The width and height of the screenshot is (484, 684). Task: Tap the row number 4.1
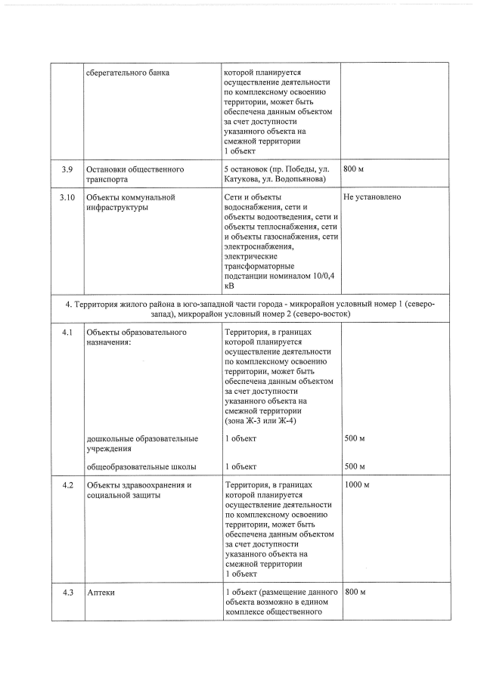67,332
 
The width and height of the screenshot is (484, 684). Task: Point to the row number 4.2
67,484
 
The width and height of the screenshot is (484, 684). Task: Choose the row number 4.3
67,592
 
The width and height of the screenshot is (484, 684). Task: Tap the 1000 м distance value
357,484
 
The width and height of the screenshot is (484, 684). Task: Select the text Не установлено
372,197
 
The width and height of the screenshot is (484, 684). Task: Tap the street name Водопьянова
302,179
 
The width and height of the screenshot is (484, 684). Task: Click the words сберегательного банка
128,73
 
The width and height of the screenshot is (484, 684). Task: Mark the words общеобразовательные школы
141,466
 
